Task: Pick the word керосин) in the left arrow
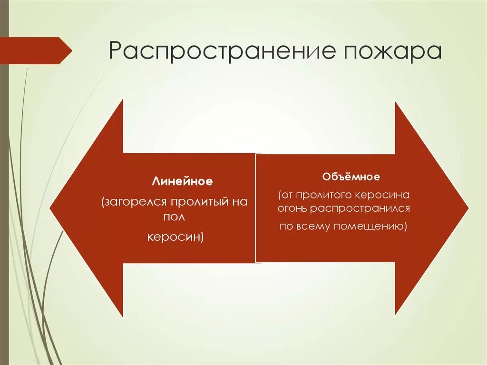click(x=175, y=237)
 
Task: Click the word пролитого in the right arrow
click(x=319, y=195)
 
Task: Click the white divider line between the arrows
click(x=256, y=208)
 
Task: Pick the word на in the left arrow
click(x=237, y=202)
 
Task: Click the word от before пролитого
click(x=288, y=195)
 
